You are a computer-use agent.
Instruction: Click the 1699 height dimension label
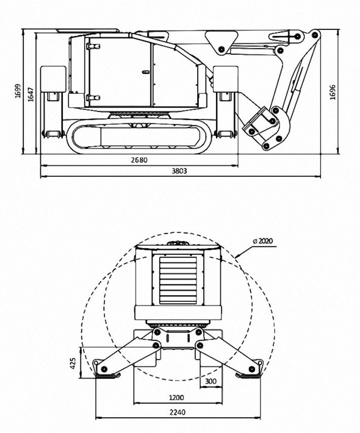click(18, 90)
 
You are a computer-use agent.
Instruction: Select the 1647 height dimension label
click(31, 95)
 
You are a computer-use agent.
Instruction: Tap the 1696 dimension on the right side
click(333, 92)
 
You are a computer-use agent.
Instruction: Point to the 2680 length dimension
click(140, 160)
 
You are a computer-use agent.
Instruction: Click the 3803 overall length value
click(179, 171)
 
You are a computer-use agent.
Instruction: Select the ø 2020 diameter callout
click(262, 241)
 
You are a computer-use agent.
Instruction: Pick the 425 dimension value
click(73, 363)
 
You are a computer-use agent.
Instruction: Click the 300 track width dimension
click(211, 381)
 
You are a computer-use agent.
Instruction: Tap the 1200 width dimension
click(176, 398)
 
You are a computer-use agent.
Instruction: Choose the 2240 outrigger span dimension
click(178, 412)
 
